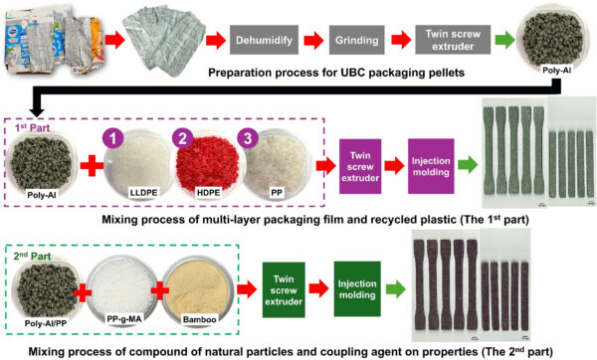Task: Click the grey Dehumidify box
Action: pyautogui.click(x=262, y=42)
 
